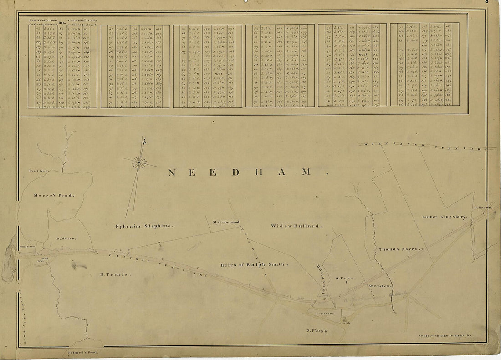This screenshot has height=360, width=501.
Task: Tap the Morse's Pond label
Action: pos(54,195)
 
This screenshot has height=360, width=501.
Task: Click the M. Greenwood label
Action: pos(226,222)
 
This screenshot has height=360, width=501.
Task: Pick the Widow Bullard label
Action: pos(296,226)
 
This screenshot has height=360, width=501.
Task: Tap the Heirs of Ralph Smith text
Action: pos(254,264)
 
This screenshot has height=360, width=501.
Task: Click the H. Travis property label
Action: pos(115,274)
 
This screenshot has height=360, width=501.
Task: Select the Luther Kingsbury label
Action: pos(445,217)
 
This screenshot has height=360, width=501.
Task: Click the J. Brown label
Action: pos(483,208)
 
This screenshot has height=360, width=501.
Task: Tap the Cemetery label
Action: pos(326,314)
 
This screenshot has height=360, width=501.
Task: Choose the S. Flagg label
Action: pos(317,331)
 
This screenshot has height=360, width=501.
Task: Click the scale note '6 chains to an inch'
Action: pos(444,336)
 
